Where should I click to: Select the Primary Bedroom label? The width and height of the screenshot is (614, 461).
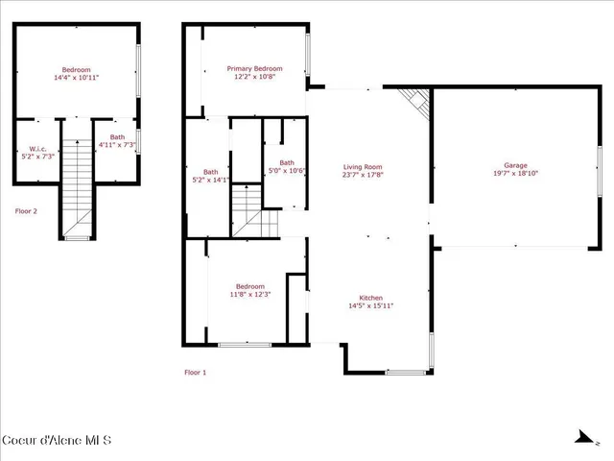pos(254,68)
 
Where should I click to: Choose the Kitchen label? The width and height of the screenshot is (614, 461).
pos(371,297)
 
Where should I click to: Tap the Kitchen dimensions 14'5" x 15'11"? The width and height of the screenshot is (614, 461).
pos(371,305)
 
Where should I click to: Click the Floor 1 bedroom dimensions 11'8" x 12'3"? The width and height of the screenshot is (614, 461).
pos(250,295)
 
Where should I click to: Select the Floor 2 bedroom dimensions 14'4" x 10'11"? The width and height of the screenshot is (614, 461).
pos(76,78)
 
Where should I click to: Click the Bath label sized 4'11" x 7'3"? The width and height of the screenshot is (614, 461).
pos(117,137)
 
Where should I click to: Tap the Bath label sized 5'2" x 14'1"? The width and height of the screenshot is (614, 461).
pos(210,172)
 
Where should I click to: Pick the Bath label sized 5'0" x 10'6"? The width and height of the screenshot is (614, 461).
pos(286,162)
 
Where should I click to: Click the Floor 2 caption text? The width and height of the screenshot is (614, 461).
pos(26,210)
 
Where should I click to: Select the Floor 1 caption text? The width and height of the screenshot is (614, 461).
pos(195,372)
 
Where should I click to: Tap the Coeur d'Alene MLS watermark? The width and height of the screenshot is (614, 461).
pos(57,441)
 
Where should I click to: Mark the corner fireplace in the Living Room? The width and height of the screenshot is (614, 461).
pos(415,99)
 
